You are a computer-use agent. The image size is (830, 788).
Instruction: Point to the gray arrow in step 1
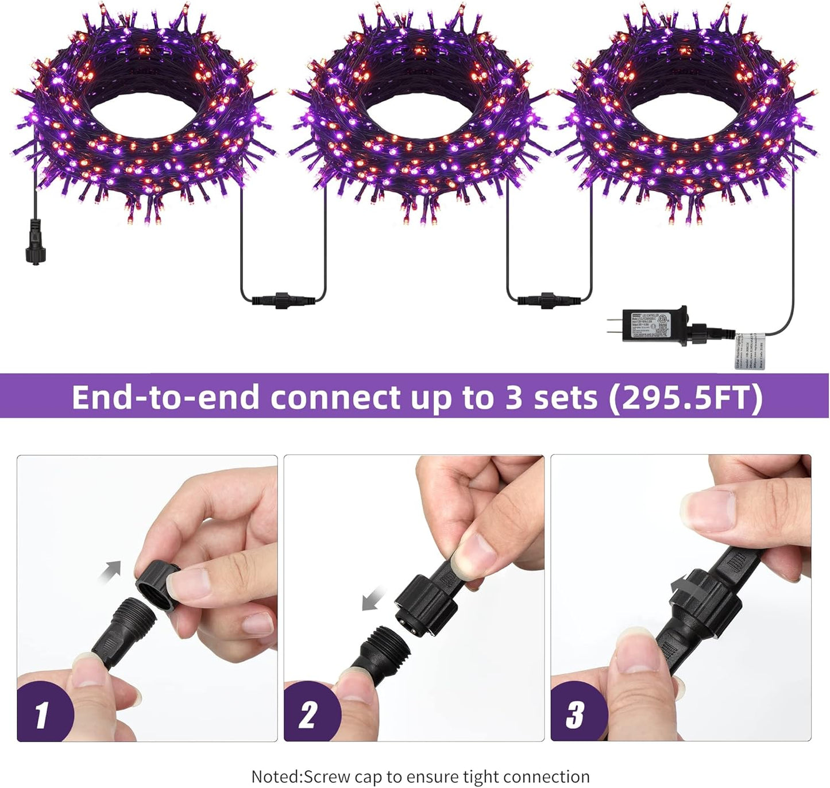[x=110, y=571]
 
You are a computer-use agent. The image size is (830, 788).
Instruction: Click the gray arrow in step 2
[x=373, y=601]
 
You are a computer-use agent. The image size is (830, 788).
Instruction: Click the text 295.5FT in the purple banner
[x=686, y=397]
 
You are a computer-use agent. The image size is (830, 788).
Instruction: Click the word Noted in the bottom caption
[x=276, y=777]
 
